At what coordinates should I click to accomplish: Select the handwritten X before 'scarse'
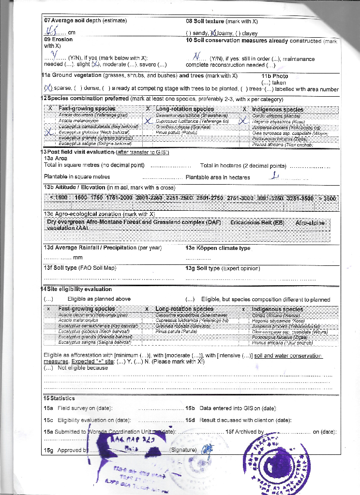[x=47, y=88]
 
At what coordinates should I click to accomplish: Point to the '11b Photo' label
[x=274, y=76]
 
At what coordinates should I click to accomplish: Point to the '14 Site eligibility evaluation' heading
[x=77, y=289]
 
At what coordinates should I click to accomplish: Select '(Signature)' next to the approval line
[x=182, y=450]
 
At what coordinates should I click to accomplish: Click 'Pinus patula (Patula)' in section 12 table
[x=169, y=131]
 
